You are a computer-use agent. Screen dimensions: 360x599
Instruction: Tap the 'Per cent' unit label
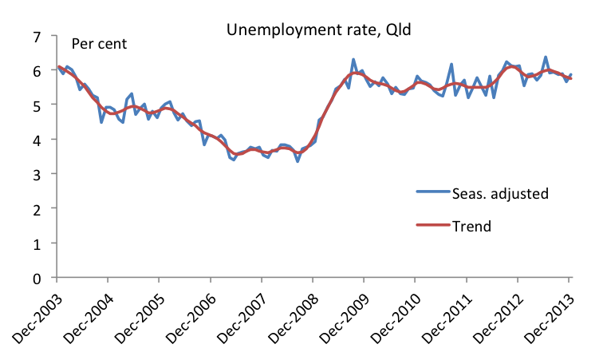pos(100,43)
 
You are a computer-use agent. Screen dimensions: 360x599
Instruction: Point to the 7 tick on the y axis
pos(36,36)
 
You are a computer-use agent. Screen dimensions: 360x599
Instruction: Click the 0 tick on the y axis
pos(36,278)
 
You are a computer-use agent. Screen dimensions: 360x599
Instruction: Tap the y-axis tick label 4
pos(36,140)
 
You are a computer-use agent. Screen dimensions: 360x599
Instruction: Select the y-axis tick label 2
pos(36,209)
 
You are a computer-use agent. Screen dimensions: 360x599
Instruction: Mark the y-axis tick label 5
pos(36,105)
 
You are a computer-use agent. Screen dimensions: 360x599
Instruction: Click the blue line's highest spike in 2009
pos(353,60)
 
